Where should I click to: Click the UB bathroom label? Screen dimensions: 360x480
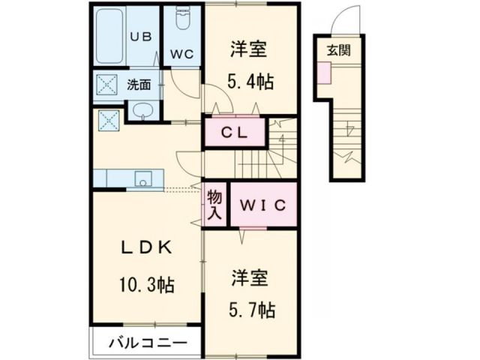(142, 35)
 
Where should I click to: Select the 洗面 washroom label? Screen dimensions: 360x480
(139, 85)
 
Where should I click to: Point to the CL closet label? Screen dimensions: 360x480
(235, 133)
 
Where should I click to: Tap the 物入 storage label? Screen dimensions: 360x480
(214, 205)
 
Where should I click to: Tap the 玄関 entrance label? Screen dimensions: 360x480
(337, 51)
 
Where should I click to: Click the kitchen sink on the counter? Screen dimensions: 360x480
(143, 178)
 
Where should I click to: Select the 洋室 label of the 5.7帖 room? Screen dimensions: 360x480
(247, 275)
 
